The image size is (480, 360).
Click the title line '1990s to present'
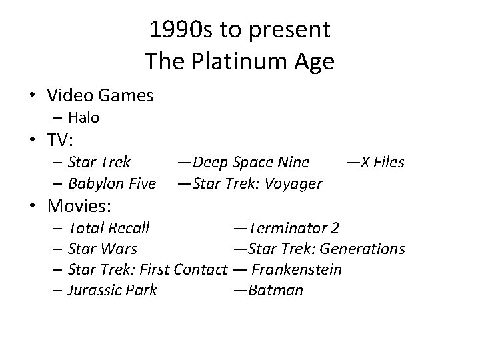tap(239, 30)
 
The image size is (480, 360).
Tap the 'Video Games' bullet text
tap(101, 96)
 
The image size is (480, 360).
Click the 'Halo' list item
tap(84, 118)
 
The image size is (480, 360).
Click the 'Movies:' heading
tap(79, 204)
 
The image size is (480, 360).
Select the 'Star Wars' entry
tap(103, 249)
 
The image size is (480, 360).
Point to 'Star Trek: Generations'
tap(325, 249)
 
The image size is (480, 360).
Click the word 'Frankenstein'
tap(297, 269)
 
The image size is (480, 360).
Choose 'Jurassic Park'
tap(113, 290)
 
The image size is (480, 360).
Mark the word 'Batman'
tap(275, 290)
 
